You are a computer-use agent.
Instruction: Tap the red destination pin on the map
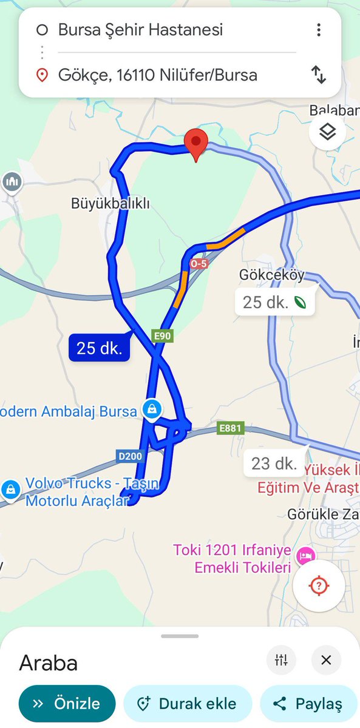click(x=196, y=142)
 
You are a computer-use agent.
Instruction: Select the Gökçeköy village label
click(x=271, y=275)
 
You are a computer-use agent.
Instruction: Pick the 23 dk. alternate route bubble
click(x=274, y=464)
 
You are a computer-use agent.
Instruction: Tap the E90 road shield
click(x=162, y=335)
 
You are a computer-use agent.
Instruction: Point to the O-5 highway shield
click(x=198, y=264)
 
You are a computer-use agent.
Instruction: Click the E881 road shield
click(x=230, y=429)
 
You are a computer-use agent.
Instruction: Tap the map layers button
click(x=327, y=132)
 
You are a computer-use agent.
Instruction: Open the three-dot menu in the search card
click(x=318, y=30)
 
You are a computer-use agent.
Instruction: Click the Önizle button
click(x=67, y=704)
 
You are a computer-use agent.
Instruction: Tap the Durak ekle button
click(x=187, y=704)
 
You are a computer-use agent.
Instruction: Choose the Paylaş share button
click(x=308, y=704)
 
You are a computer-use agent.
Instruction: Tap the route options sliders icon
click(x=281, y=660)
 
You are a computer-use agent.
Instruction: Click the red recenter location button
click(x=319, y=586)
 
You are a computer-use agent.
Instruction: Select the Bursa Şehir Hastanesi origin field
click(x=141, y=29)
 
